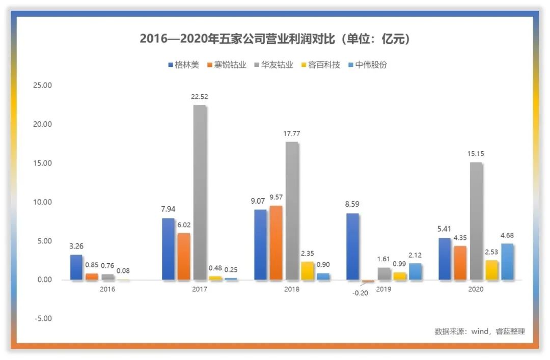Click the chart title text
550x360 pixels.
pyautogui.click(x=275, y=39)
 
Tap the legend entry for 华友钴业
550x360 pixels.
pyautogui.click(x=272, y=65)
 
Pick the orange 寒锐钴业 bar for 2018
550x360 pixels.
pyautogui.click(x=276, y=243)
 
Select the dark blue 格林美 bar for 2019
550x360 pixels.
pyautogui.click(x=352, y=246)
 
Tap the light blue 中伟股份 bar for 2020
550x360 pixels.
pyautogui.click(x=507, y=262)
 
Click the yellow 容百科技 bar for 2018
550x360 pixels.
pyautogui.click(x=307, y=271)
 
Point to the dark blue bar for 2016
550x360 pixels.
pyautogui.click(x=76, y=267)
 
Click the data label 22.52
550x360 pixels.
pyautogui.click(x=200, y=97)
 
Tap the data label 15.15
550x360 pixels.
pyautogui.click(x=476, y=154)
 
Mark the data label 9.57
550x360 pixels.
pyautogui.click(x=277, y=197)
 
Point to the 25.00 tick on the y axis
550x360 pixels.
pyautogui.click(x=42, y=86)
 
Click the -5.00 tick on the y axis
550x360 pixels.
pyautogui.click(x=42, y=319)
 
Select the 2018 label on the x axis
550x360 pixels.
pyautogui.click(x=292, y=289)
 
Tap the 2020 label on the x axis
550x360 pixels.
pyautogui.click(x=476, y=289)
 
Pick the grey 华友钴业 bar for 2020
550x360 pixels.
pyautogui.click(x=476, y=221)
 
